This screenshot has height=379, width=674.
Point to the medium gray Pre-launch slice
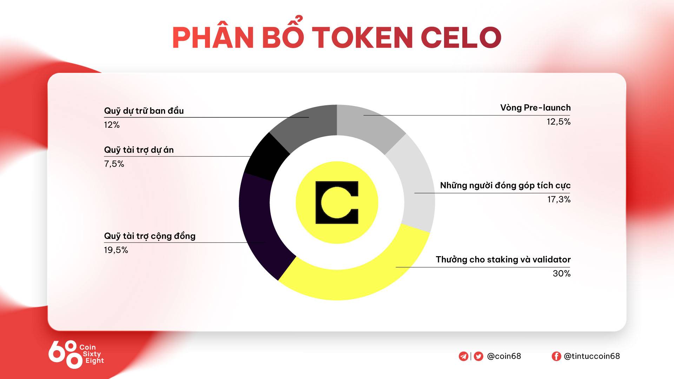point(369,125)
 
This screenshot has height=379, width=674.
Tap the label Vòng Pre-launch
point(535,107)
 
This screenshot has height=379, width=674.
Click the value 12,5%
point(559,122)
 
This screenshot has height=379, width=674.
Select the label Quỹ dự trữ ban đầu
point(144,111)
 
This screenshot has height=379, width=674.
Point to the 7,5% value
point(114,164)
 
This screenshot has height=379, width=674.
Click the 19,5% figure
point(116,250)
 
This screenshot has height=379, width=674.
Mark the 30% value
point(562,273)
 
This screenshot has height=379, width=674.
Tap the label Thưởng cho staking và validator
point(503,259)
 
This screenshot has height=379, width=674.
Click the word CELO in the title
point(461,37)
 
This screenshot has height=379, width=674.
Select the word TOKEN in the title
point(362,37)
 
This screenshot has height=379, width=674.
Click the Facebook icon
point(556,356)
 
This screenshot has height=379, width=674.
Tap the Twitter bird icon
point(478,356)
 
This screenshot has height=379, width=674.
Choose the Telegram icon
point(463,356)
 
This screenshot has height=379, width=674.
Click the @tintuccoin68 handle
point(592,356)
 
